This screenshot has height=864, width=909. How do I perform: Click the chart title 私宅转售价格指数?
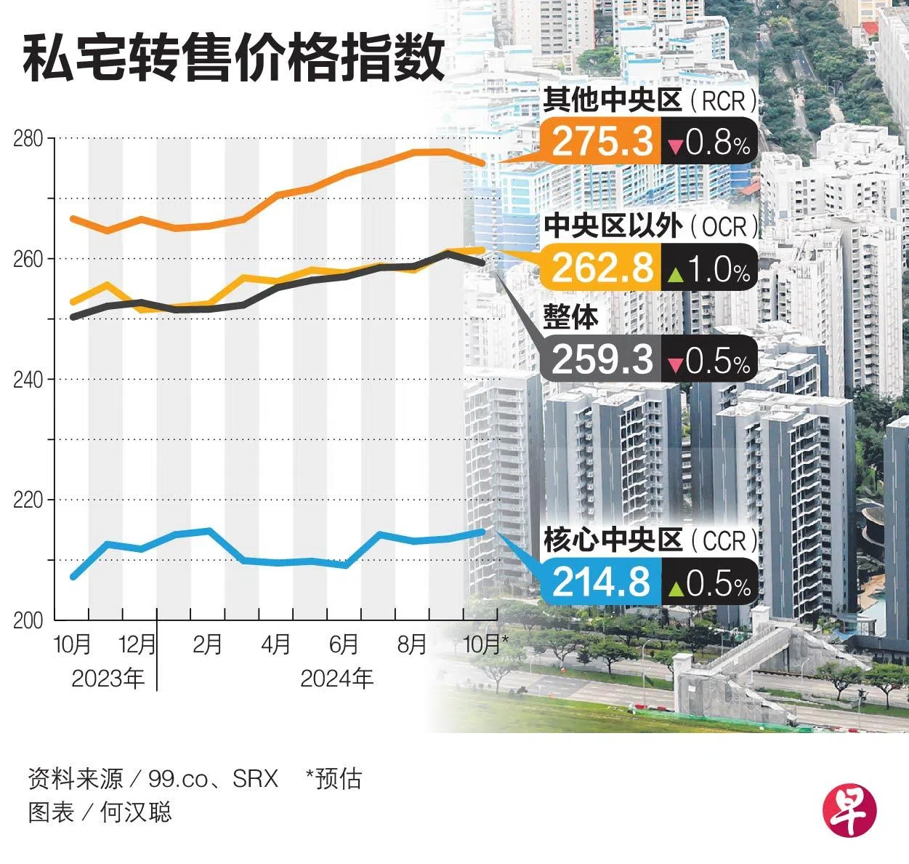click(233, 60)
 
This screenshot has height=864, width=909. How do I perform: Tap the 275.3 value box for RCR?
click(602, 141)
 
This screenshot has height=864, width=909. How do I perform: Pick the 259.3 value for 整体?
click(602, 359)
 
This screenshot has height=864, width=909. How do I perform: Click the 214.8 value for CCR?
click(602, 583)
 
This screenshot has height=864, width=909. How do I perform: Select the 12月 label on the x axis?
click(137, 644)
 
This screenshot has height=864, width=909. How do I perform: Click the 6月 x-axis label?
click(344, 644)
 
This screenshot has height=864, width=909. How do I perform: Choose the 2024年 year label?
click(336, 679)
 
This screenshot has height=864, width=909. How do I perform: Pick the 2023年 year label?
click(108, 679)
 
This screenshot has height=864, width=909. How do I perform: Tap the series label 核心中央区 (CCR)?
click(650, 541)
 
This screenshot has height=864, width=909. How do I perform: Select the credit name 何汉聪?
click(136, 812)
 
